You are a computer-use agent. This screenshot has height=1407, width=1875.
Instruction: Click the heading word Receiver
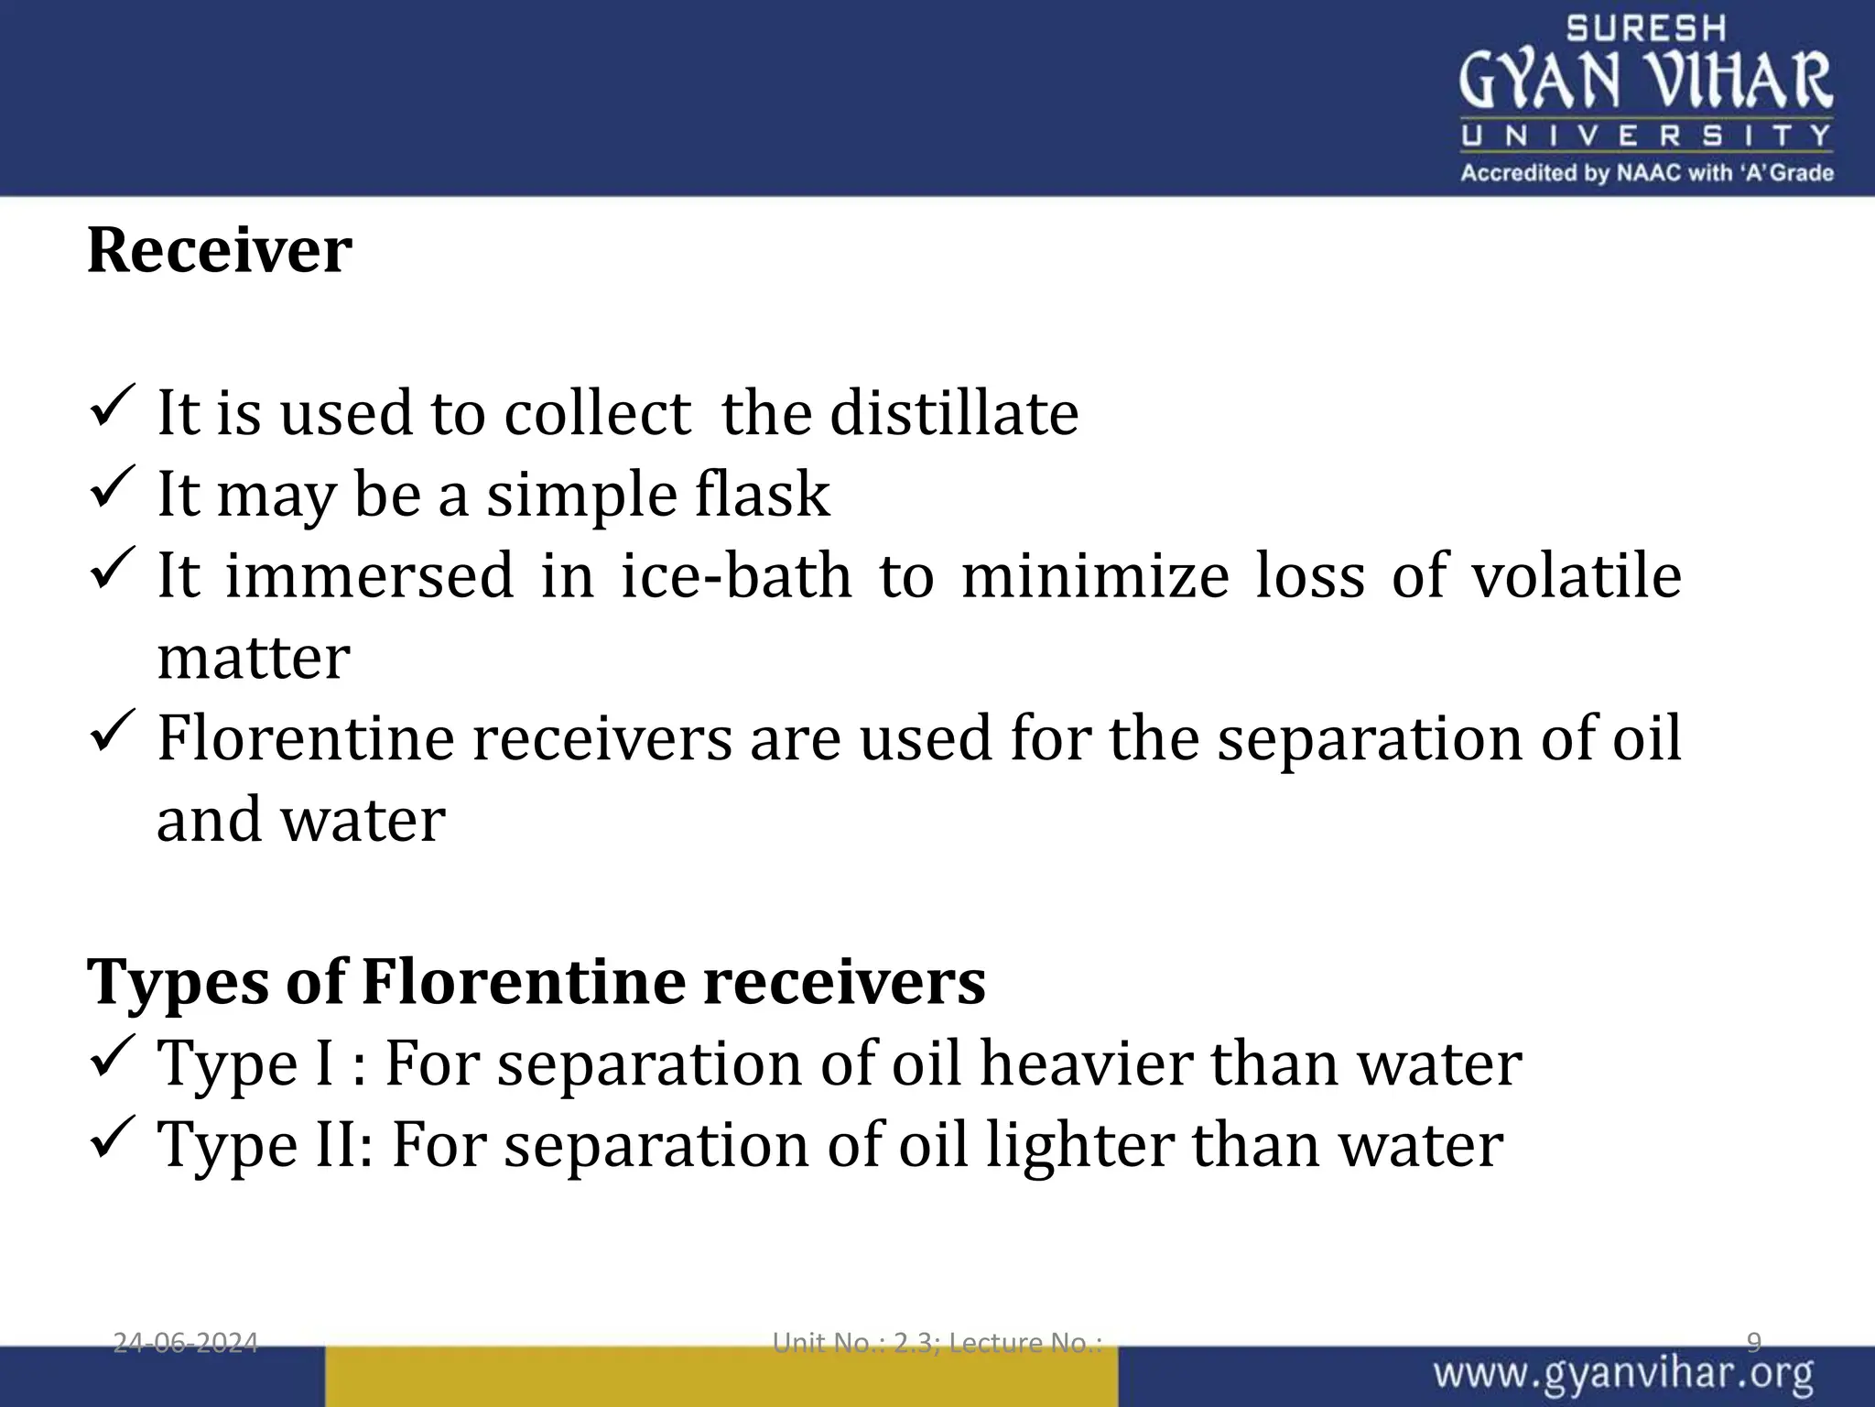tap(219, 250)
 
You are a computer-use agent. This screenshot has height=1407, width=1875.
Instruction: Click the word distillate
tap(954, 413)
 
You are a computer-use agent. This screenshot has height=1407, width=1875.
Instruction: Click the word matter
tap(254, 657)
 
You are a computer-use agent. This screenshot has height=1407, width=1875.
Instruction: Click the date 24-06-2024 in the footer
tap(185, 1343)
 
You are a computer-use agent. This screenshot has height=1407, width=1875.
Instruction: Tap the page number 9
tap(1753, 1343)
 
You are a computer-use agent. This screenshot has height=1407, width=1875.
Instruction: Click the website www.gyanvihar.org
tap(1623, 1375)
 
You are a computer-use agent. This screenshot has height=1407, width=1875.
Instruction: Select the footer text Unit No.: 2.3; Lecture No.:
tap(937, 1343)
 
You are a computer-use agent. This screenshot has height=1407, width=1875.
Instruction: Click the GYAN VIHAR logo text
tap(1645, 81)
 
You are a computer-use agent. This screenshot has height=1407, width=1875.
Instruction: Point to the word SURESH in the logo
tap(1645, 28)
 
